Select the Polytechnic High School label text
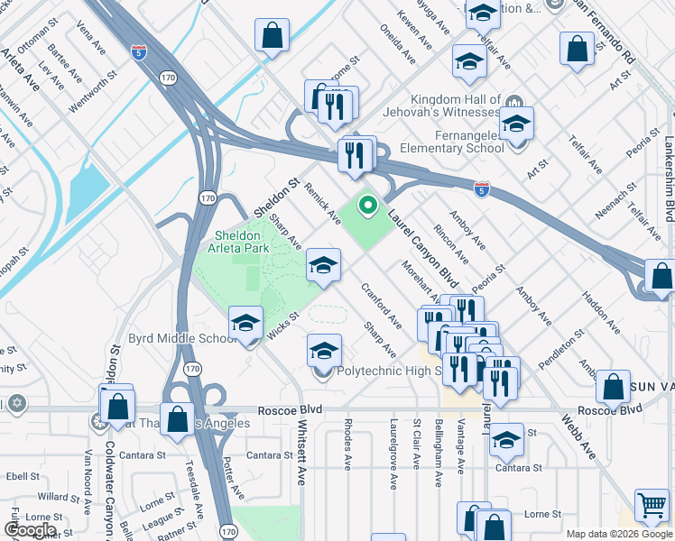point(388,371)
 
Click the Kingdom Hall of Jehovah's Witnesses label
point(456,105)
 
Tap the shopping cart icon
point(652,507)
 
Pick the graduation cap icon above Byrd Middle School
point(245,324)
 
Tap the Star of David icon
point(15,402)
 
